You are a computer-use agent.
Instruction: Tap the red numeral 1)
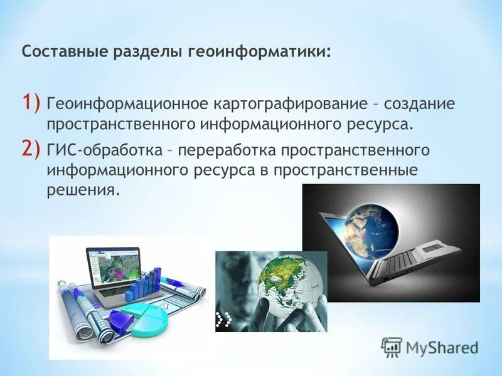coord(32,101)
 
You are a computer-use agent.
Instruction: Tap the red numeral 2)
coord(32,149)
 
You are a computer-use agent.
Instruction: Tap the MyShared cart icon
coord(392,347)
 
